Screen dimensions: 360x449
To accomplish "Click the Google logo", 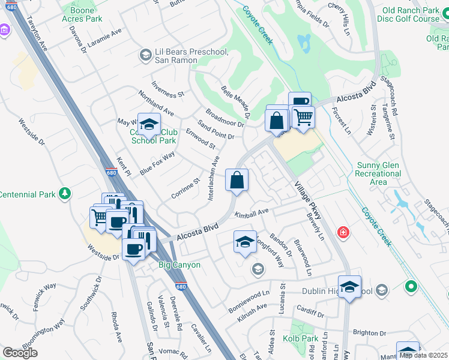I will point(20,352).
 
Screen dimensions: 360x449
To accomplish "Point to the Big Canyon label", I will point(179,265).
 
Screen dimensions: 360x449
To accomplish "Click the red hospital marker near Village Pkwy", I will point(343,232).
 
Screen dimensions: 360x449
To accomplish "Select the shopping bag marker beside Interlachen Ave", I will point(237,180).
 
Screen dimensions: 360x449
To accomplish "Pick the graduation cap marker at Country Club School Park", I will point(149,125).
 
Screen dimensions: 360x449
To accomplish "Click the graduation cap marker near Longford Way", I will point(245,242).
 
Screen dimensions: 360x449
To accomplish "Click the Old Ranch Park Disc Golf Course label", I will point(410,15).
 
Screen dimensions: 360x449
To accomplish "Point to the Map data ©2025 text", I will point(423,355).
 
